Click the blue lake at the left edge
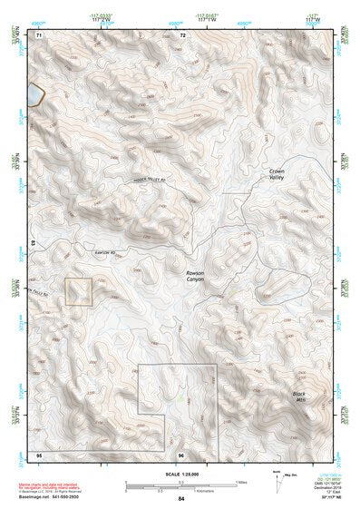[34, 93]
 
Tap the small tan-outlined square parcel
[80, 291]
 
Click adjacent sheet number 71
[39, 34]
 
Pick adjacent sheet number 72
[182, 34]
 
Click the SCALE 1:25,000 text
[181, 474]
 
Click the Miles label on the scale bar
[242, 481]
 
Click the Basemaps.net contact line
[63, 496]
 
